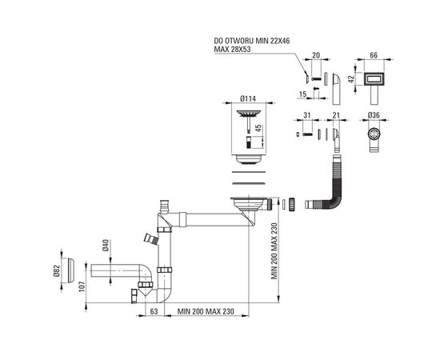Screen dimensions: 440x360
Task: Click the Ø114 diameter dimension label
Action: point(248,98)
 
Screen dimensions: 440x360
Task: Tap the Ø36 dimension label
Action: point(374,115)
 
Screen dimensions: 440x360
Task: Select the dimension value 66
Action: point(374,55)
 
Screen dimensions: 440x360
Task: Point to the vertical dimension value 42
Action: point(351,79)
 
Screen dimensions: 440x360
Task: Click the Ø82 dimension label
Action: point(57,270)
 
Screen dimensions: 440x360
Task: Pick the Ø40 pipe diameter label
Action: point(106,245)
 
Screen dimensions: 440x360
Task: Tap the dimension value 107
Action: point(82,286)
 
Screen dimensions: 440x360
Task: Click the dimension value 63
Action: point(154,311)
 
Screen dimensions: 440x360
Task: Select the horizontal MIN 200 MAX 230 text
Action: point(206,311)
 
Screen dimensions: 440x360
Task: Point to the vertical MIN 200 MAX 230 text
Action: point(274,251)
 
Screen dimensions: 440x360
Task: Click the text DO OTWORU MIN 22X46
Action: point(252,41)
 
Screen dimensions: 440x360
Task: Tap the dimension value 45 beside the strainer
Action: point(258,128)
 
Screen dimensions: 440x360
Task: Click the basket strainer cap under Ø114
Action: point(249,114)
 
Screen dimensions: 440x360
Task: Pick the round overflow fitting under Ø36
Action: point(374,134)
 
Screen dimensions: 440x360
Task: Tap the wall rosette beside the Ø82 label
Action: point(70,270)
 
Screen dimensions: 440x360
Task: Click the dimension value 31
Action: point(307,115)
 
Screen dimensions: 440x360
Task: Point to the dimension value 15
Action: point(302,94)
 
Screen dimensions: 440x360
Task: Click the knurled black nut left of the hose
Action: point(291,204)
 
